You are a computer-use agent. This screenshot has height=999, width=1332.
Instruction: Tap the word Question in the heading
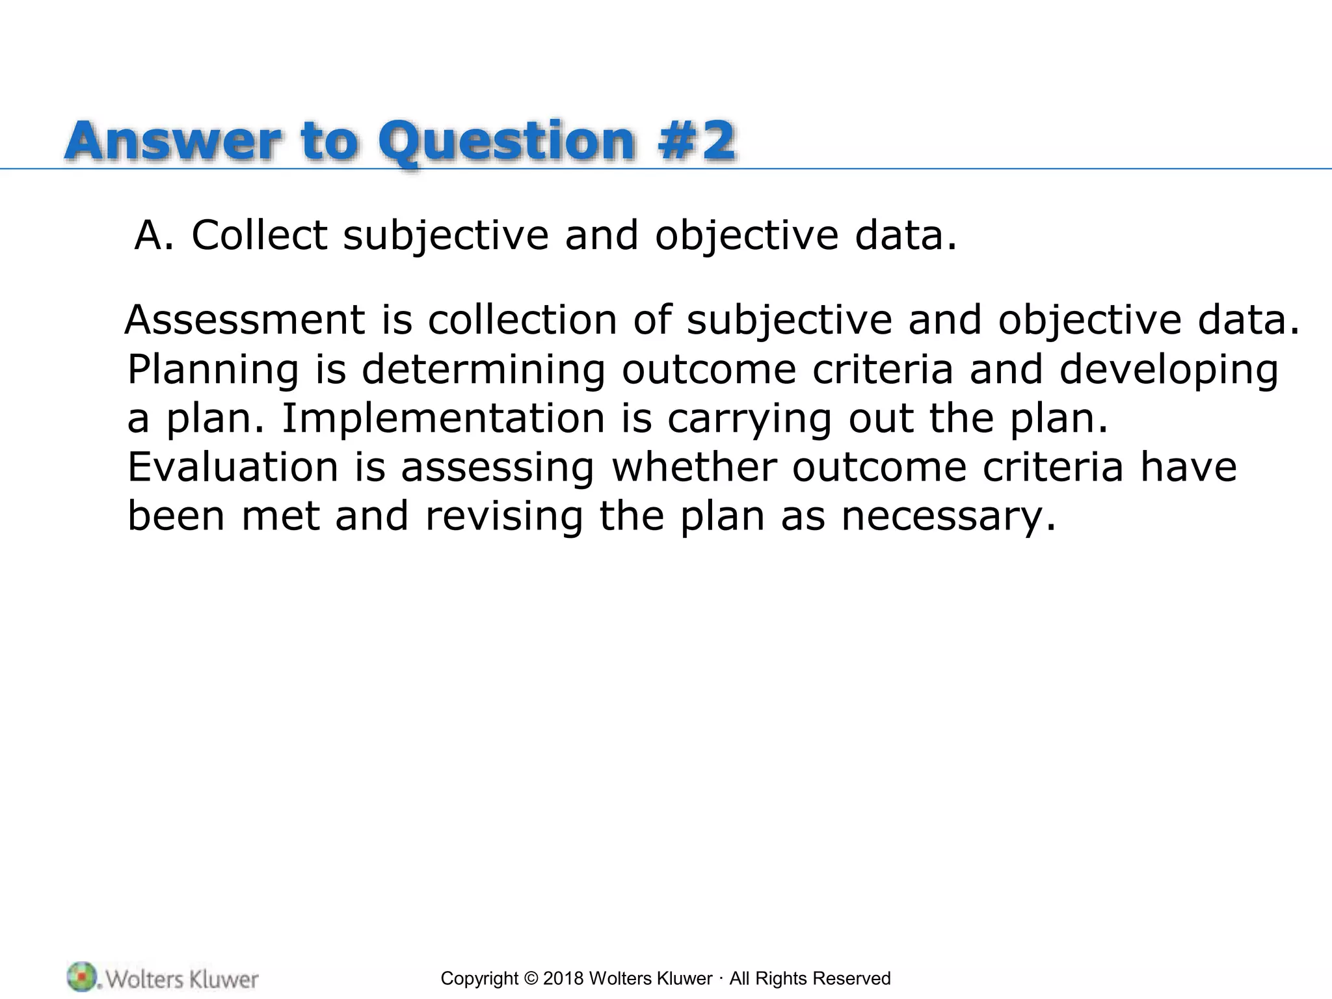coord(507,142)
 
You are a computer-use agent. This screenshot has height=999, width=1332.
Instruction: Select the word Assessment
coord(245,320)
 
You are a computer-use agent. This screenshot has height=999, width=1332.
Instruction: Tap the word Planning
coord(213,370)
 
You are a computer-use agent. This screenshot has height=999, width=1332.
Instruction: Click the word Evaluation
coord(233,467)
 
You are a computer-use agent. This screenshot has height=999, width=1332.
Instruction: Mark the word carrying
coord(749,420)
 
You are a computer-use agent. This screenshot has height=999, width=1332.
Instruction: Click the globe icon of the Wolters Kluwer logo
coord(81,977)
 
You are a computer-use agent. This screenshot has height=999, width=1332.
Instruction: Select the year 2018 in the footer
coord(563,979)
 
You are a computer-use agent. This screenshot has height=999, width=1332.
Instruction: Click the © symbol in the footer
coord(531,979)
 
